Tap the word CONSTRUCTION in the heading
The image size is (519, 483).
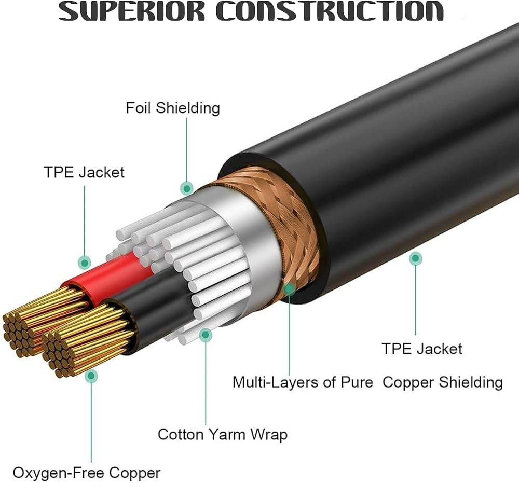tap(330, 11)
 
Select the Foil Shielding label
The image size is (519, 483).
tap(173, 108)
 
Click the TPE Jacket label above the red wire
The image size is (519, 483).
tap(84, 172)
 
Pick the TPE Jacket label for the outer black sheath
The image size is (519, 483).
tap(422, 348)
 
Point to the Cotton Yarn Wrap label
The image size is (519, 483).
tap(222, 434)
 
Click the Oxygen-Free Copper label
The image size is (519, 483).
tap(87, 473)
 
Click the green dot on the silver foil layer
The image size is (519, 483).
tap(187, 188)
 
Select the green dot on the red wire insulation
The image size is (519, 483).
tap(84, 262)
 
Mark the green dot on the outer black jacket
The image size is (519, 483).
tap(415, 258)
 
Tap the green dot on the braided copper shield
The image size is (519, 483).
tap(289, 286)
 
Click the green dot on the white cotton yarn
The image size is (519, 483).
tap(206, 335)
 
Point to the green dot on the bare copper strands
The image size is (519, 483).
tap(91, 376)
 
